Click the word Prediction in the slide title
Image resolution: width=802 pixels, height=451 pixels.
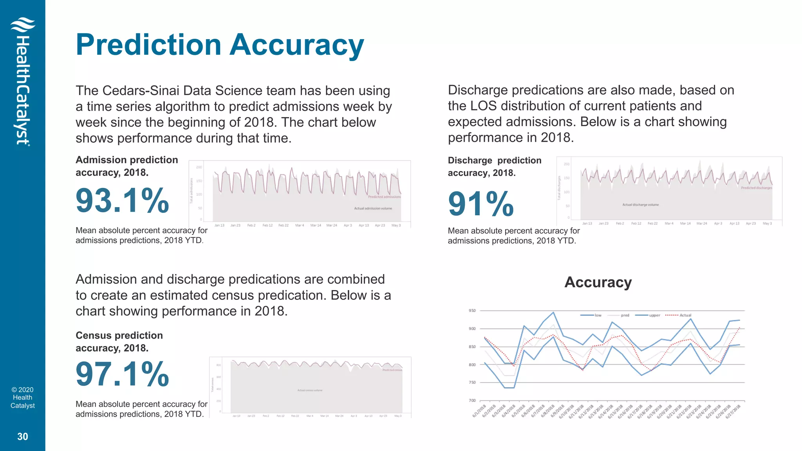[x=149, y=45]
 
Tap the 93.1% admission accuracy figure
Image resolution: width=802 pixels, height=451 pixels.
[x=122, y=201]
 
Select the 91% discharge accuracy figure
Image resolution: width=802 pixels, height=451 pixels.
[x=480, y=204]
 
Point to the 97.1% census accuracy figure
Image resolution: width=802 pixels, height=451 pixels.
[x=122, y=375]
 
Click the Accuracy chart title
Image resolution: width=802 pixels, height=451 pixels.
[x=598, y=282]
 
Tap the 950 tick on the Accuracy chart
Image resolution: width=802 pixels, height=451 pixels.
[x=472, y=311]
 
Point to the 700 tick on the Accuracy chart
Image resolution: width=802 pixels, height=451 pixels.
[x=472, y=400]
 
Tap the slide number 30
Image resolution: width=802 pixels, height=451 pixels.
[x=23, y=437]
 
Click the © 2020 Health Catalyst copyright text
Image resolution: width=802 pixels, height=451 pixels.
[x=23, y=398]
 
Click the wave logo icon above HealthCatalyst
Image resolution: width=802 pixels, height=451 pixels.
[x=23, y=25]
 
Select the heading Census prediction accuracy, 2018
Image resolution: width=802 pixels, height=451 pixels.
[x=119, y=342]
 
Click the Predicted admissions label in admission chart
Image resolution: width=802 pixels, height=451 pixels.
[x=384, y=197]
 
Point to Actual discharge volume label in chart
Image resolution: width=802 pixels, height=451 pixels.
[x=640, y=205]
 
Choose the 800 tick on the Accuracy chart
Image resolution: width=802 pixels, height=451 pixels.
[x=472, y=364]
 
